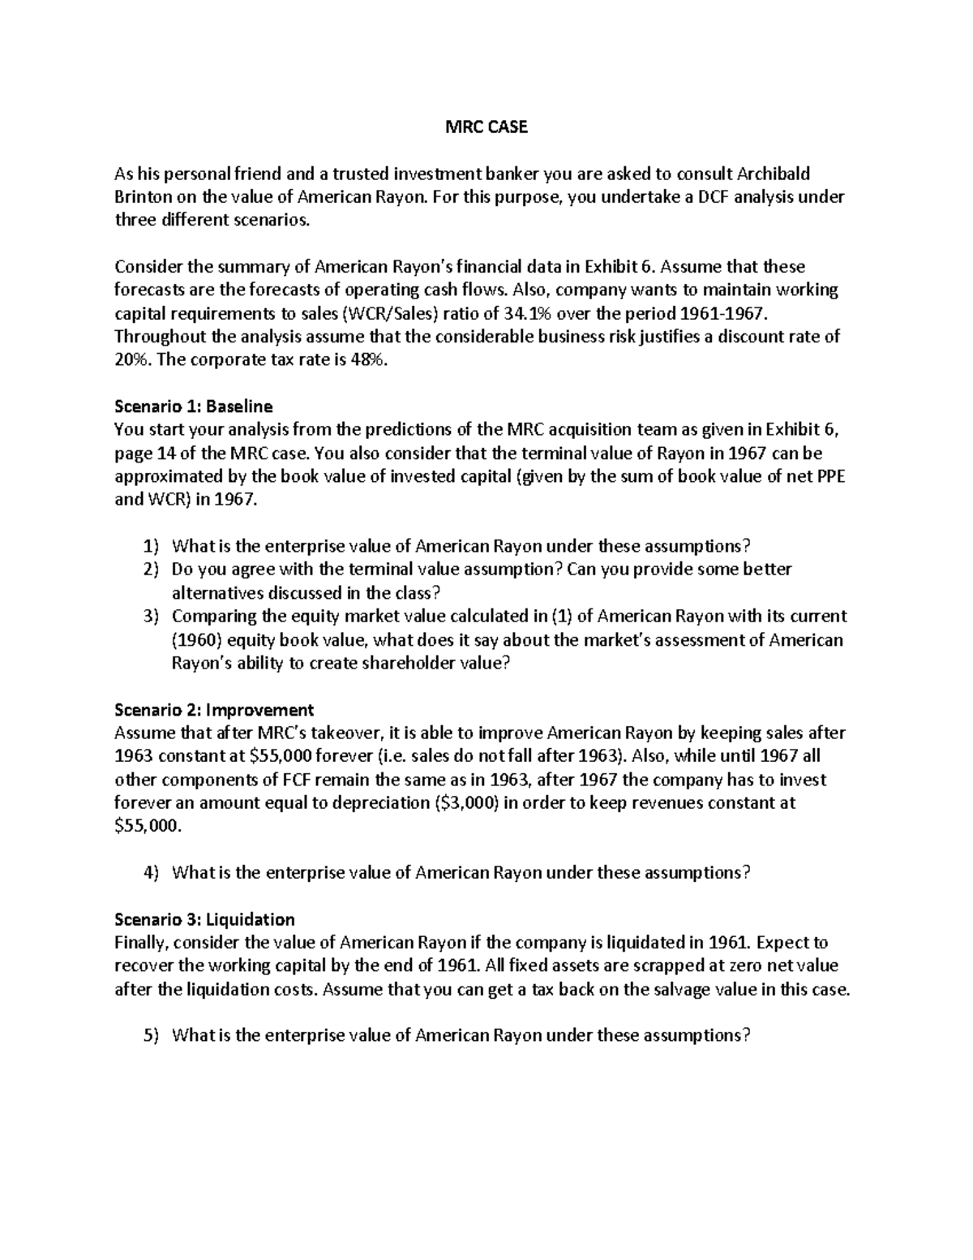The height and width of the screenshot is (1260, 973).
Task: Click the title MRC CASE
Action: (x=486, y=127)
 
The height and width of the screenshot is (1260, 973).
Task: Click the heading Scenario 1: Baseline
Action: (x=194, y=406)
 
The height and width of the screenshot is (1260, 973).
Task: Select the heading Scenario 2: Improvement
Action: (x=214, y=710)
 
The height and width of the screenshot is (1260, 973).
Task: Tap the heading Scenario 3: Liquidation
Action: (x=204, y=919)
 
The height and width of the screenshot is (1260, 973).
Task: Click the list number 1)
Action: (x=151, y=546)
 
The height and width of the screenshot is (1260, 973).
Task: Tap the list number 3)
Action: (x=151, y=617)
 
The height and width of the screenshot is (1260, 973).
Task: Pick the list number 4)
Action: (x=151, y=873)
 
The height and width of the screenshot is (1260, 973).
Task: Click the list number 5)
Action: (x=151, y=1036)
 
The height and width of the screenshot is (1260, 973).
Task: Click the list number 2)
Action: (x=151, y=570)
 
